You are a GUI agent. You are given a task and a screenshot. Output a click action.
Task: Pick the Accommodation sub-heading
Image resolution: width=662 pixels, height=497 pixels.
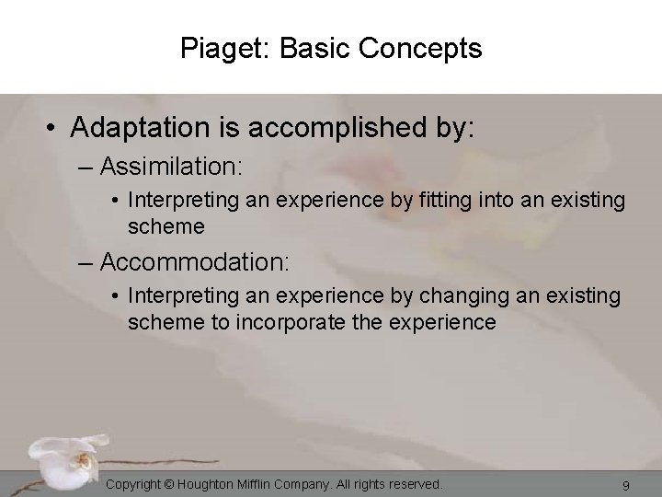(195, 262)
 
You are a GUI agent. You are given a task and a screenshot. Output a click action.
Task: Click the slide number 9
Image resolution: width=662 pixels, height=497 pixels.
(625, 484)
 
